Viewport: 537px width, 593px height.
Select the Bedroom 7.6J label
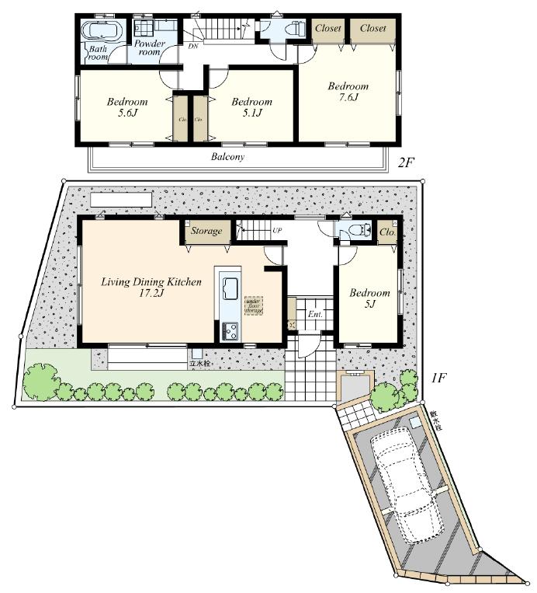click(347, 92)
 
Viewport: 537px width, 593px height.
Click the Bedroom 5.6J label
click(126, 108)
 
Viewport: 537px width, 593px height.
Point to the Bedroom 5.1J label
click(251, 108)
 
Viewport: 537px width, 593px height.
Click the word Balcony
click(227, 157)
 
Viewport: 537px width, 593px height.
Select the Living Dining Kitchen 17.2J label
click(151, 288)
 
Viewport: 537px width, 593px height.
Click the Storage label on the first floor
click(207, 231)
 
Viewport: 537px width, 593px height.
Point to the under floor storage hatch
click(254, 305)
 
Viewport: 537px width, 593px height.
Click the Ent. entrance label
click(315, 315)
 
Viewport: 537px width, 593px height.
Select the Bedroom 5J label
click(369, 298)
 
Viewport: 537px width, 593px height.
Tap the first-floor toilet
click(356, 230)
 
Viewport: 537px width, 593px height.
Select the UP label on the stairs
click(276, 231)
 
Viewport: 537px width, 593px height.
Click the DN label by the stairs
click(192, 47)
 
